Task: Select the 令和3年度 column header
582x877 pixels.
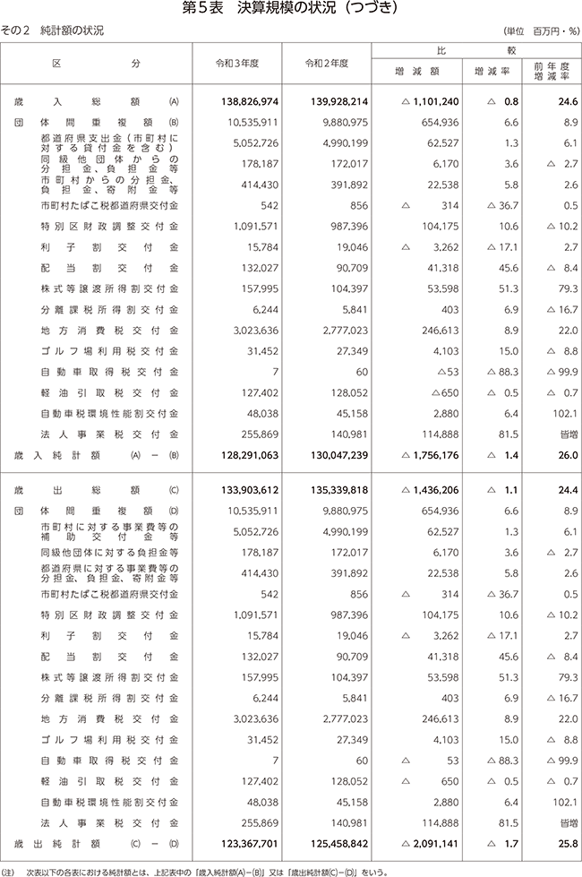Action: point(237,64)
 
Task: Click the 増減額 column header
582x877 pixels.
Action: point(416,72)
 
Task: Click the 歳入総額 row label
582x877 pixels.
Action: point(76,103)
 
